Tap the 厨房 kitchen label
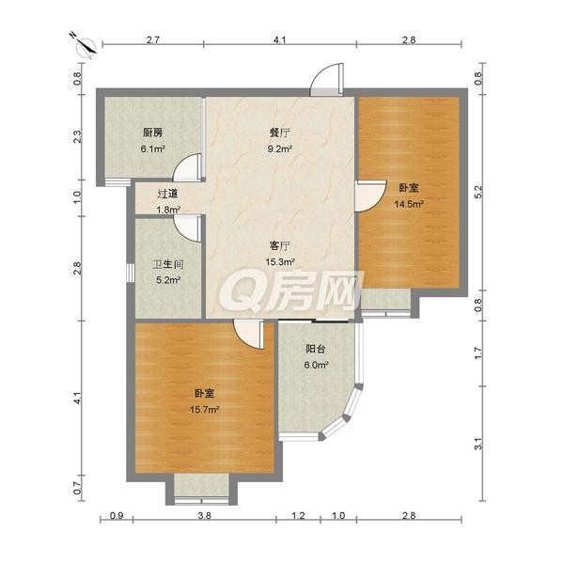(x=152, y=133)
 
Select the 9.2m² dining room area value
(x=279, y=149)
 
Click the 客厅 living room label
(x=280, y=246)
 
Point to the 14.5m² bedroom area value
(x=409, y=204)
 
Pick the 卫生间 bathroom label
(x=168, y=265)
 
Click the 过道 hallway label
(x=168, y=194)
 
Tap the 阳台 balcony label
(x=316, y=349)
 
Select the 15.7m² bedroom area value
(x=205, y=409)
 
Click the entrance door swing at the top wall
(x=326, y=80)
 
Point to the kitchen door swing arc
(x=187, y=167)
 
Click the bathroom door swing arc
(x=187, y=228)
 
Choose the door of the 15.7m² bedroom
(x=248, y=335)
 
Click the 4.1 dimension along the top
(x=279, y=39)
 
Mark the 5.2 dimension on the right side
(x=478, y=193)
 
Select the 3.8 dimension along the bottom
(x=204, y=515)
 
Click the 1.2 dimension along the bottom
(x=299, y=515)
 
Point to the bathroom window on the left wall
(x=130, y=273)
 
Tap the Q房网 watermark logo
(x=292, y=291)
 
